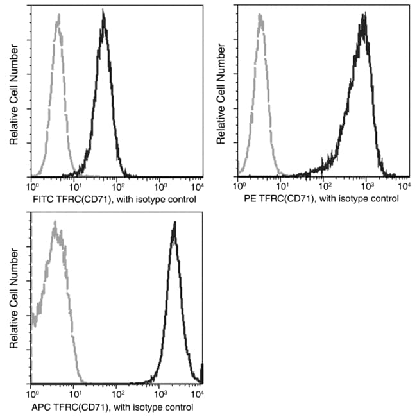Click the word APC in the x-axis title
pos(41,407)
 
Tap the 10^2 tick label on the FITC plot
pos(117,187)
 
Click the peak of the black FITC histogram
pos(103,13)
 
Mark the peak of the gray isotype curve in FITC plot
pos(58,19)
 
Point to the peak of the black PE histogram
pos(364,14)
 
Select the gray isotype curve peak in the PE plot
pos(260,16)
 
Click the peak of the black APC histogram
pos(174,223)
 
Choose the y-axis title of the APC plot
pos(13,299)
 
